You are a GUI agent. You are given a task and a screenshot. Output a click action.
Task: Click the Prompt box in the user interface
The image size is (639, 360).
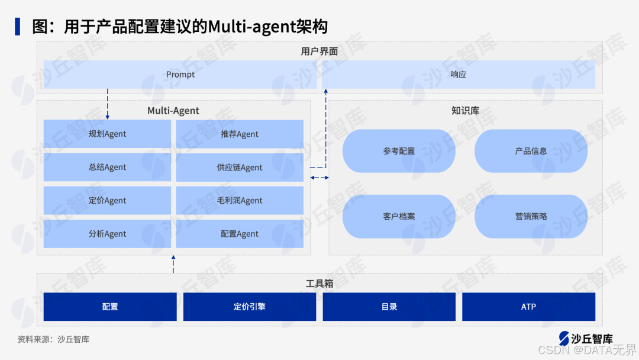[180, 75]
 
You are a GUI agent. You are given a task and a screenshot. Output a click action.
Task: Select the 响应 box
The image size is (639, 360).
[459, 75]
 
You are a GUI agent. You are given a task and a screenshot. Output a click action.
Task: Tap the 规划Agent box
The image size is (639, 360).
[107, 134]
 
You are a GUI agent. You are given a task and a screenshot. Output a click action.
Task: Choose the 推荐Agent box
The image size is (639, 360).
[240, 134]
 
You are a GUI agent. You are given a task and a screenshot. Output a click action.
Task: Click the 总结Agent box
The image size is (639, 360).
[107, 167]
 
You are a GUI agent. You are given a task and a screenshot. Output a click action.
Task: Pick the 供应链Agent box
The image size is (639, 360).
[240, 167]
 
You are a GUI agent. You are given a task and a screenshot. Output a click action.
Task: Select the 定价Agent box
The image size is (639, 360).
[107, 200]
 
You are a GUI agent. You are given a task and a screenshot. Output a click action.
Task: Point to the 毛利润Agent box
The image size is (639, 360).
[240, 200]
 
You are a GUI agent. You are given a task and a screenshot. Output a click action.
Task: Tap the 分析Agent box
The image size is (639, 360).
[107, 233]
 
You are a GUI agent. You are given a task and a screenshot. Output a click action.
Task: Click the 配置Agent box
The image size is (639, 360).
[240, 233]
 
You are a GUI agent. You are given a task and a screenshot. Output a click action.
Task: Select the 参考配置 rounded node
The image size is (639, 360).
[399, 151]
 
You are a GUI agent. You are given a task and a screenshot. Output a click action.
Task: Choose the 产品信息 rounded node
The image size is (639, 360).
[531, 151]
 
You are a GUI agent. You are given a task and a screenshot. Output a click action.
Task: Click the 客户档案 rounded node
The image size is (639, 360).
[399, 216]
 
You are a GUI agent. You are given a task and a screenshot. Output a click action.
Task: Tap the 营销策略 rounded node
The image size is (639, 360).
[531, 216]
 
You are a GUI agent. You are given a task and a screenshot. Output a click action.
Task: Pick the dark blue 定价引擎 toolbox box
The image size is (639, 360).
[249, 307]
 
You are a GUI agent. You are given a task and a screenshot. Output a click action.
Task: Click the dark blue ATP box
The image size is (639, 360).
[528, 307]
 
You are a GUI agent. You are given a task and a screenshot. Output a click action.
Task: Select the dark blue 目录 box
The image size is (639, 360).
[389, 307]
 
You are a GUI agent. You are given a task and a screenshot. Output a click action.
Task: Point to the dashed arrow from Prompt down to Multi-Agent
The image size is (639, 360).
[107, 103]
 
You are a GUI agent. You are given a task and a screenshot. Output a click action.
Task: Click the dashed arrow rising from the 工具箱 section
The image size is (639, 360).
[173, 264]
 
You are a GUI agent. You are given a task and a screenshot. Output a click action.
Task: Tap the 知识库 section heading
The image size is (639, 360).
[465, 111]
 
